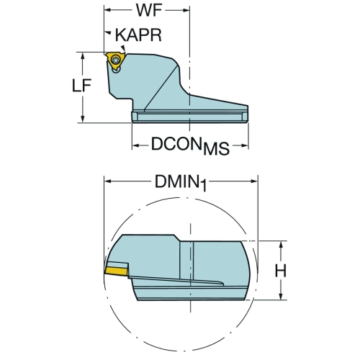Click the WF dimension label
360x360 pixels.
[149, 10]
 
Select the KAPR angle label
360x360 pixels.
[138, 35]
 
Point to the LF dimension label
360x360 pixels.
[82, 86]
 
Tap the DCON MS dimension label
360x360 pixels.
[190, 145]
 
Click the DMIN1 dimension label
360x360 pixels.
[181, 182]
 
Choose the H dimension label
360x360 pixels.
[281, 271]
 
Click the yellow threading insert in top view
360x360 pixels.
[115, 60]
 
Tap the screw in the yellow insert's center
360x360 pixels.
[115, 59]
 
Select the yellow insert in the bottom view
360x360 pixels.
[116, 271]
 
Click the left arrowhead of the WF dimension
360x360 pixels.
[107, 10]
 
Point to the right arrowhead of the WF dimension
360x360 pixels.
[186, 10]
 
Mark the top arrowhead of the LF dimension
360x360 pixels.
[83, 56]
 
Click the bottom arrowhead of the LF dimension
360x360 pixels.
[83, 119]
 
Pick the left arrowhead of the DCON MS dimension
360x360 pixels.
[136, 145]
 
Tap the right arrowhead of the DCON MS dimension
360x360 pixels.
[244, 145]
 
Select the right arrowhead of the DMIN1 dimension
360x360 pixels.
[254, 181]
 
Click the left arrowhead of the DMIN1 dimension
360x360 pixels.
[108, 181]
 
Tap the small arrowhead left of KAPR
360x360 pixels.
[108, 32]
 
